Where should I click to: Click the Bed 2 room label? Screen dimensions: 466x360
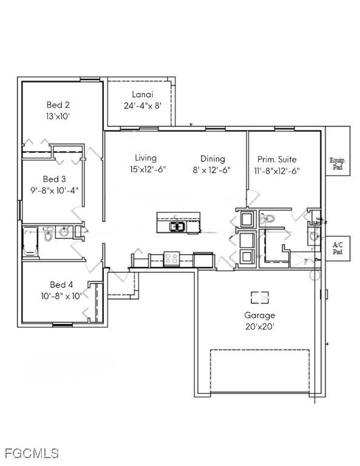pos(58,104)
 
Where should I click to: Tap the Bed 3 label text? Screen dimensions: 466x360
pos(55,179)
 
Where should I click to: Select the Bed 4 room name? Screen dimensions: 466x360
pos(61,285)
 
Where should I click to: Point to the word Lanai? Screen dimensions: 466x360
pos(142,94)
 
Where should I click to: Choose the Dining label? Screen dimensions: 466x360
pos(212,158)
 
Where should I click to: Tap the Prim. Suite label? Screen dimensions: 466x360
pos(277,159)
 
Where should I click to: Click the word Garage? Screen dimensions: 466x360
pos(259,316)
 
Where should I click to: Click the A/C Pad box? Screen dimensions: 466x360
pos(338,248)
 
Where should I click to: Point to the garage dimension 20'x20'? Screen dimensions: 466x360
pos(259,326)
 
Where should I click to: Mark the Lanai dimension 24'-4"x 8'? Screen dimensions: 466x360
pos(142,105)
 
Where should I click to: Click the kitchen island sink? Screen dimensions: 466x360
pos(177,227)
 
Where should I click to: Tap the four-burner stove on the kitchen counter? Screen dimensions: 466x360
pos(171,259)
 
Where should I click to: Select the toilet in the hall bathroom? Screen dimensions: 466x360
pos(47,234)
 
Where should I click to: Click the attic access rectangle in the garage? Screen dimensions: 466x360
pos(260,297)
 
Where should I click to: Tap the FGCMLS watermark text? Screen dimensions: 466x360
pos(32,453)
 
